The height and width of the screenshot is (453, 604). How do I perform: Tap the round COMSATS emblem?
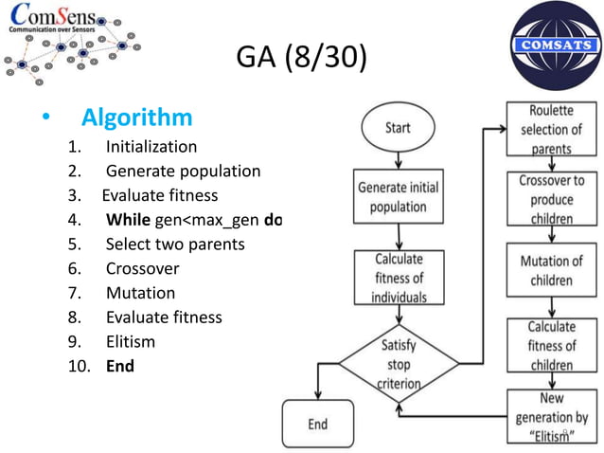click(550, 45)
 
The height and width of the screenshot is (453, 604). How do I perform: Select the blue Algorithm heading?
click(136, 118)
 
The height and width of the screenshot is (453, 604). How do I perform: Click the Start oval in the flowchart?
click(398, 126)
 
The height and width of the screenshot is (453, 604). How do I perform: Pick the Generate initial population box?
click(398, 196)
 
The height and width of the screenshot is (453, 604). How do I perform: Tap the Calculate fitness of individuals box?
click(398, 277)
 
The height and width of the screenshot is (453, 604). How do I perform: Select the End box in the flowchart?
click(318, 424)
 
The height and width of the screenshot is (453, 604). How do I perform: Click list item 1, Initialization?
click(151, 147)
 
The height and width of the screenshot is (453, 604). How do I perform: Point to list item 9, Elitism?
click(130, 341)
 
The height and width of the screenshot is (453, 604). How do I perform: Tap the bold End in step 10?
click(119, 366)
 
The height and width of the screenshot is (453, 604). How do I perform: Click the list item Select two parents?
click(174, 245)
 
